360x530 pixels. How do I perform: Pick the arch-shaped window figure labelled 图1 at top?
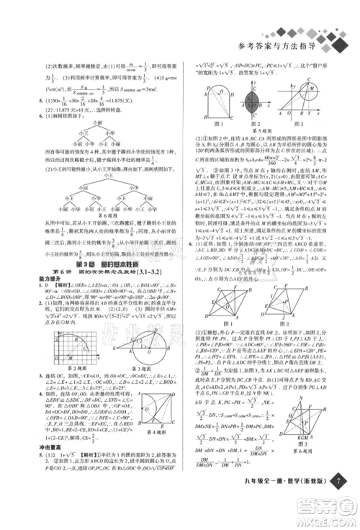click(213, 99)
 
